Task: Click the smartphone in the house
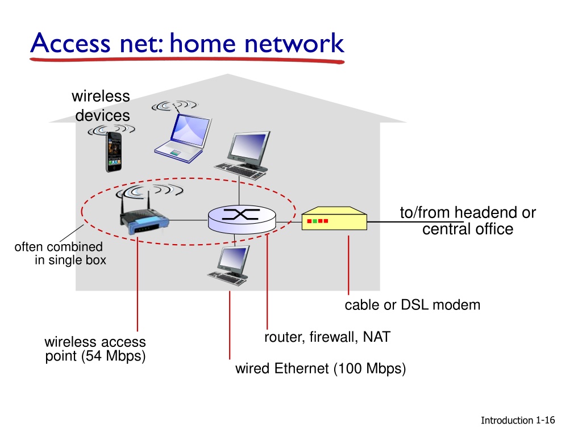(114, 152)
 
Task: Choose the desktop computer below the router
(228, 266)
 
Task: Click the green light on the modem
(315, 221)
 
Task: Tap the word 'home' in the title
(203, 43)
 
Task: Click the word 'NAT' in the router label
(377, 337)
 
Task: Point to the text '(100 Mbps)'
(369, 368)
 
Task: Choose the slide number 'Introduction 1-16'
(518, 420)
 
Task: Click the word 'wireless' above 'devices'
(101, 96)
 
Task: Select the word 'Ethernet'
(301, 368)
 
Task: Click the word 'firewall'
(334, 337)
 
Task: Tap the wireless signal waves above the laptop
(175, 105)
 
